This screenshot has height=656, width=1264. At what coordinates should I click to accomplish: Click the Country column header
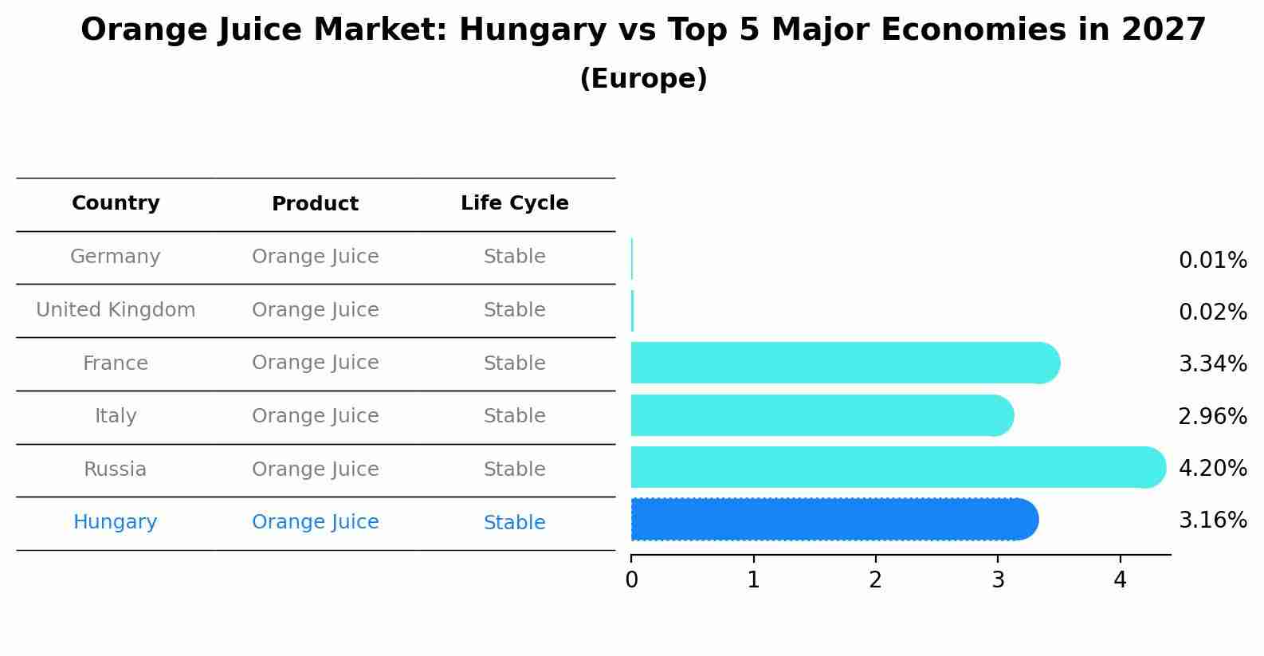[x=116, y=203]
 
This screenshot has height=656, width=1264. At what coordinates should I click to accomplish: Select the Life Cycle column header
[x=514, y=203]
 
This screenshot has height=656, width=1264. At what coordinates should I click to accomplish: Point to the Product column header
[x=315, y=204]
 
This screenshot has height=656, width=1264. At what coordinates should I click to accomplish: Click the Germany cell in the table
[x=116, y=257]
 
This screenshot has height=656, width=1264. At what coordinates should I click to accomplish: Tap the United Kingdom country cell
[x=116, y=310]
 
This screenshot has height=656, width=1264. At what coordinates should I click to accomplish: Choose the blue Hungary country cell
[x=116, y=522]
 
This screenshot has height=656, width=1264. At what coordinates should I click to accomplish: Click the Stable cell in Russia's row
[x=514, y=469]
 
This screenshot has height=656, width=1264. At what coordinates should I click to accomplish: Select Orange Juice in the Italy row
[x=315, y=416]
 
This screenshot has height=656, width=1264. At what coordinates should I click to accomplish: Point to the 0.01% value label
[x=1212, y=261]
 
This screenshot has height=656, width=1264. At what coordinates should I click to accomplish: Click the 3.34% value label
[x=1212, y=364]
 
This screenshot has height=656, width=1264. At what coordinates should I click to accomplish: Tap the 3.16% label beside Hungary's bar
[x=1212, y=520]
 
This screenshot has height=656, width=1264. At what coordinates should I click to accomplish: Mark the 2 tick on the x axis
[x=876, y=580]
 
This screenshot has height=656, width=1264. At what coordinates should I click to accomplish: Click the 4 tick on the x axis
[x=1120, y=580]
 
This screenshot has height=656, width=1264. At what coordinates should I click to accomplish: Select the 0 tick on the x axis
[x=631, y=580]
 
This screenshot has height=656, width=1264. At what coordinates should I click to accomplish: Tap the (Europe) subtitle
[x=643, y=79]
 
